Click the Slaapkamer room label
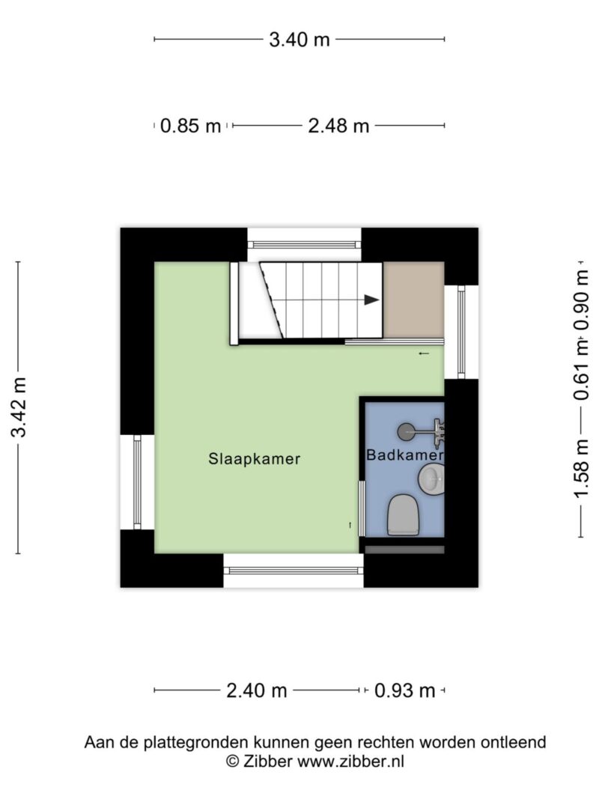pos(254,458)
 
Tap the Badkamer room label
pos(405,455)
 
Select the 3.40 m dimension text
pos(299,39)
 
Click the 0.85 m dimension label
pos(190,125)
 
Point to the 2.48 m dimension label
pos(338,125)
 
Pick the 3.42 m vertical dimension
pos(19,407)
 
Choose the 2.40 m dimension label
pos(257,691)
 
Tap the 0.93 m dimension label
pos(405,691)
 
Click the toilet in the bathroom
pos(403,514)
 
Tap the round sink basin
pos(431,479)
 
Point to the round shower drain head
pos(406,432)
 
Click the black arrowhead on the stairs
pos(372,300)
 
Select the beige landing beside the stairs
pos(413,300)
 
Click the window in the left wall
pos(137,482)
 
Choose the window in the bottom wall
pos(294,571)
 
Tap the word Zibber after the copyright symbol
pos(268,762)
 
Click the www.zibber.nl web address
pos(350,762)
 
